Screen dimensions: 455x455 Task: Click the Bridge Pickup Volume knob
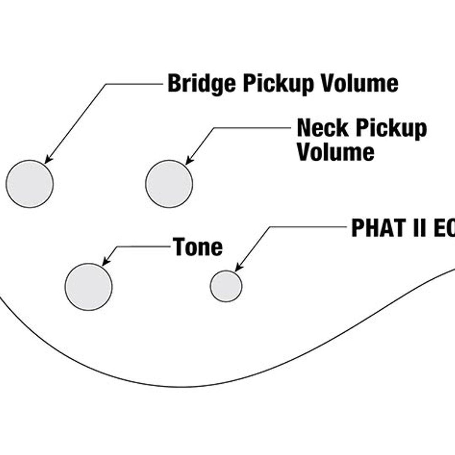coord(30,184)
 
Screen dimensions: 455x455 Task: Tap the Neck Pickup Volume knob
coord(169,184)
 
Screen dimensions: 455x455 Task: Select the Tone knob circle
coord(89,287)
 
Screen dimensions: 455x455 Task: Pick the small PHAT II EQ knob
coord(226,286)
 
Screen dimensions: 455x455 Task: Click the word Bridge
coord(202,83)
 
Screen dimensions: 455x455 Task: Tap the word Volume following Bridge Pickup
coord(360,83)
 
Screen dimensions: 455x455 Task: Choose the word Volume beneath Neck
coord(336,152)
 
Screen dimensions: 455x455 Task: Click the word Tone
coord(198,247)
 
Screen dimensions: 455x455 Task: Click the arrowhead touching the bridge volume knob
coord(48,160)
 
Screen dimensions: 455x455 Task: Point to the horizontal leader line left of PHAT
coord(308,227)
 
